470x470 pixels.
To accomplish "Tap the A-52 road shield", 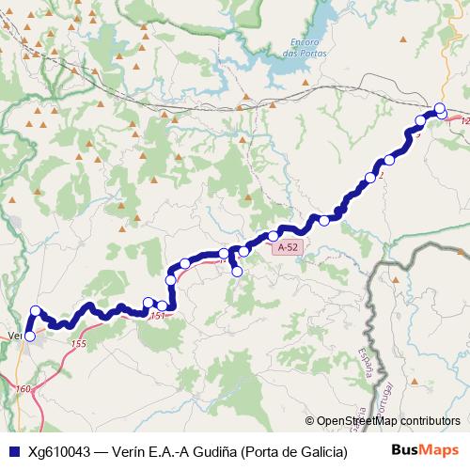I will pos(288,247).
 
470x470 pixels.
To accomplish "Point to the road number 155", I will pos(78,345).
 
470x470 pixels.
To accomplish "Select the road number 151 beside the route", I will pos(157,316).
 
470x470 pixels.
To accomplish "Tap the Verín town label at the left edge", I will pos(14,335).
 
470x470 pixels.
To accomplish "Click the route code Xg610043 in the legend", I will pos(60,450).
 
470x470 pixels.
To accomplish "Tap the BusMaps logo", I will pos(424,450).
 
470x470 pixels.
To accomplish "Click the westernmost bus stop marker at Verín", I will pos(29,336).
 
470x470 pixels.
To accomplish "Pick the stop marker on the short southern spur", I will pos(237,272).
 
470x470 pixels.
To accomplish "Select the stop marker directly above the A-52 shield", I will pos(274,235).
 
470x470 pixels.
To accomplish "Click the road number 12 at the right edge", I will pos(464,120).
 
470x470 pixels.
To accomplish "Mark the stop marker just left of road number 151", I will pos(148,303).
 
